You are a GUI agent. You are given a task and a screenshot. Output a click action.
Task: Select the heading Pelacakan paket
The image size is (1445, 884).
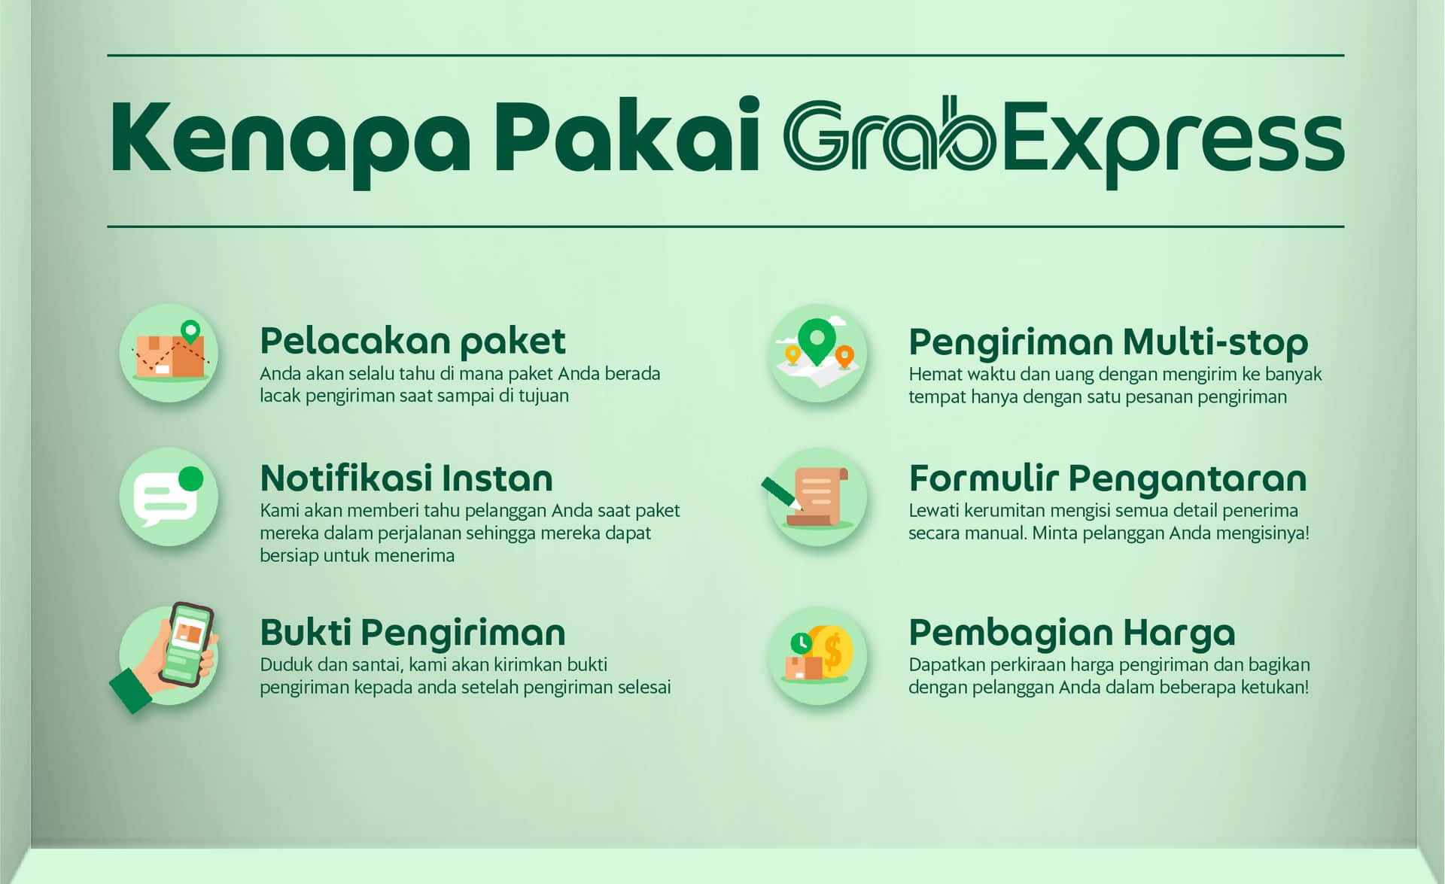coord(412,342)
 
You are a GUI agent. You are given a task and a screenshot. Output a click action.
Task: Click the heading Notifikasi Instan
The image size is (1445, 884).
coord(406,478)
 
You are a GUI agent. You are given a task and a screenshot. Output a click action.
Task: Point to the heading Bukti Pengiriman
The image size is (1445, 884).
coord(412,633)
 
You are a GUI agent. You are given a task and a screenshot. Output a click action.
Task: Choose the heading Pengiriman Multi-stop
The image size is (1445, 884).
coord(1108,343)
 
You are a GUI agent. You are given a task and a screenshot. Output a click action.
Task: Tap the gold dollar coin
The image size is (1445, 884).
coord(833,652)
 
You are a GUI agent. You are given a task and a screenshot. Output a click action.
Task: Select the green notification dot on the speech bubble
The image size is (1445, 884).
coord(191,478)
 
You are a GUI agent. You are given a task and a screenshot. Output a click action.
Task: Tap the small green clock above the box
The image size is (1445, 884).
coord(801,643)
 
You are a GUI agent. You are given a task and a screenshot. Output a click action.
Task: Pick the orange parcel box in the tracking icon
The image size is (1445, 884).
coord(170,356)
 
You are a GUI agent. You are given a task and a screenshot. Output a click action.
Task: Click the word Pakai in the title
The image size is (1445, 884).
coord(626,135)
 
